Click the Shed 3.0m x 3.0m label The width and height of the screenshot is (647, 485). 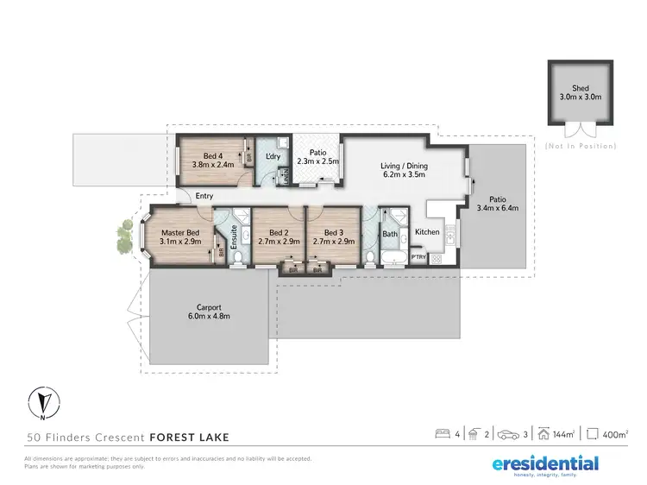pos(580,93)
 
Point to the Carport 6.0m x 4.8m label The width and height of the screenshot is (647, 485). pos(209,312)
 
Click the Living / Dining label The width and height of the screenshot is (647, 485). pos(405,171)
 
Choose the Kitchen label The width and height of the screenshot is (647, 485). pos(427,232)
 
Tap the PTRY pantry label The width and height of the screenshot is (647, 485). pos(418,256)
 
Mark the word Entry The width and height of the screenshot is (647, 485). pos(204,196)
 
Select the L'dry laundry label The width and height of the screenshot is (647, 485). pos(274,156)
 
